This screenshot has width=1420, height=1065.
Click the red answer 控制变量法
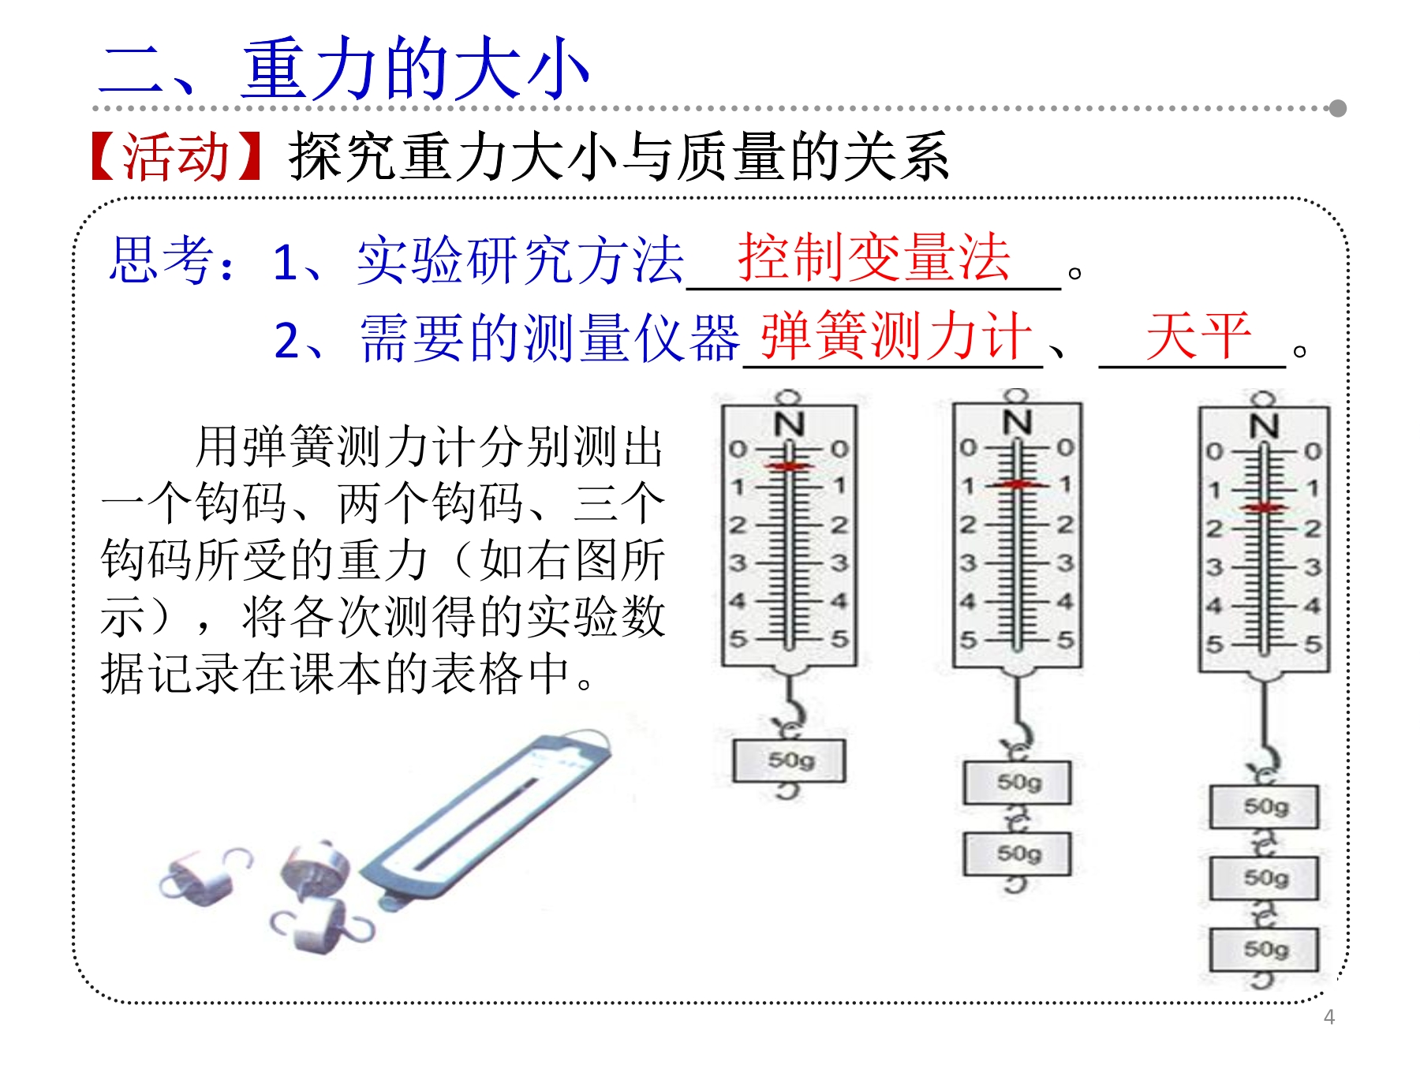874,258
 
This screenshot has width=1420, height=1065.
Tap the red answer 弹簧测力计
896,336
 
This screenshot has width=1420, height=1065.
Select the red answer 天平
1198,336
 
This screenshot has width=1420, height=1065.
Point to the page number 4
1329,1017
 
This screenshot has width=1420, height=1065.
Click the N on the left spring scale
789,425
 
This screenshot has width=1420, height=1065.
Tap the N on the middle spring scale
1017,423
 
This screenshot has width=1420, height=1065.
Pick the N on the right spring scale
1264,427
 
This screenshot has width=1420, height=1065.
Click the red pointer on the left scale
788,467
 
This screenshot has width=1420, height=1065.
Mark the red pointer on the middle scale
1018,484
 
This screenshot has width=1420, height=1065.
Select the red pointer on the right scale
1264,507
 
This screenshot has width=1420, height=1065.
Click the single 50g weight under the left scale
789,760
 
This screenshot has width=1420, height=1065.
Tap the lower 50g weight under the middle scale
1018,854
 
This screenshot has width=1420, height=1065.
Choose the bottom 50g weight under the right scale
1265,949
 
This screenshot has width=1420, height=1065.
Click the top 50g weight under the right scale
1265,806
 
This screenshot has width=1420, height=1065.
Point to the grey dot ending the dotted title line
1337,108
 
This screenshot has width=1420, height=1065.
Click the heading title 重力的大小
416,69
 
